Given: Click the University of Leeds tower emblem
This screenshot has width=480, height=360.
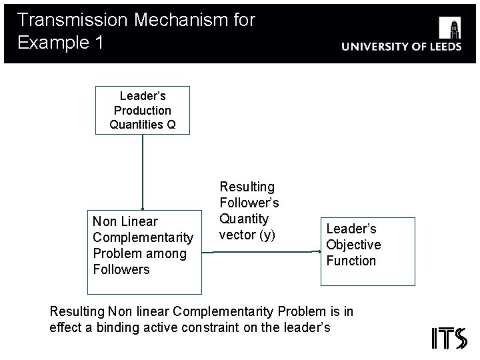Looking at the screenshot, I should tap(450, 29).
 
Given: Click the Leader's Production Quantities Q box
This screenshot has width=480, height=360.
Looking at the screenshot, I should tap(143, 110).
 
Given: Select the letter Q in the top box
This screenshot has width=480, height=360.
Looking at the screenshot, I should tap(171, 125).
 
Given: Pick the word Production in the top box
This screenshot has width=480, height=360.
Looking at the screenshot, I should tap(143, 111).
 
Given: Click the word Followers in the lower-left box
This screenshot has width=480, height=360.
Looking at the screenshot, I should tap(121, 270).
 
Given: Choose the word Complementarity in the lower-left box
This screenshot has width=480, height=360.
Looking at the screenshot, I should tap(143, 238).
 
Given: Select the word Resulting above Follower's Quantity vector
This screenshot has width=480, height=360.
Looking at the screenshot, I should tap(247, 187).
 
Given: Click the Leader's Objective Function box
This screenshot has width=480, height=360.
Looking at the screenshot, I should tap(367, 251).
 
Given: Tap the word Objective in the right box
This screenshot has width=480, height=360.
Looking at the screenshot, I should tap(353, 245).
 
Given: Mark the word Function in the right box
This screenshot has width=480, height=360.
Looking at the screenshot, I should tap(351, 261).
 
